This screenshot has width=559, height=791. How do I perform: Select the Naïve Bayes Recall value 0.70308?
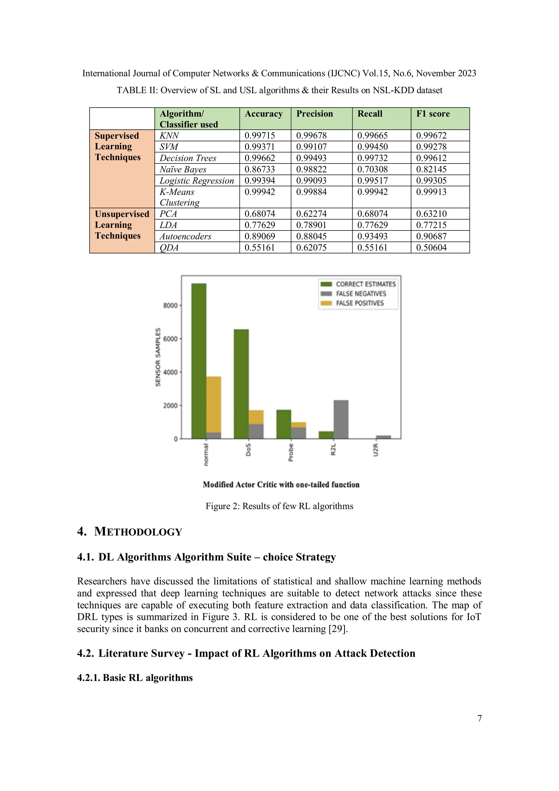tap(372, 169)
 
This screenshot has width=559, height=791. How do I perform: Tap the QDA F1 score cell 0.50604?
tap(431, 247)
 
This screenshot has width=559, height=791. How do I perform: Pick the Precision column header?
tap(314, 114)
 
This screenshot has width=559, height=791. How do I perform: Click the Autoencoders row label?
tap(185, 236)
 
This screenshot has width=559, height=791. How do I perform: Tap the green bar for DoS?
tap(241, 384)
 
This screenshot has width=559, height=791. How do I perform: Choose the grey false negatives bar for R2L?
tap(341, 419)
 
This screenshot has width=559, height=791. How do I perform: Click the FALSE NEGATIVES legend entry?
tap(361, 294)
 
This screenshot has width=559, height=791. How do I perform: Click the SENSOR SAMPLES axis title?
tap(158, 357)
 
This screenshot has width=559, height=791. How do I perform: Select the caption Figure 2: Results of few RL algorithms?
tap(279, 506)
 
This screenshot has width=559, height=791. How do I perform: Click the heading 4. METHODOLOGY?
tap(129, 532)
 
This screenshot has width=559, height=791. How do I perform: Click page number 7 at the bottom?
tap(480, 718)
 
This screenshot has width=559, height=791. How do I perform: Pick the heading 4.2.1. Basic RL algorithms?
tap(135, 678)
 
